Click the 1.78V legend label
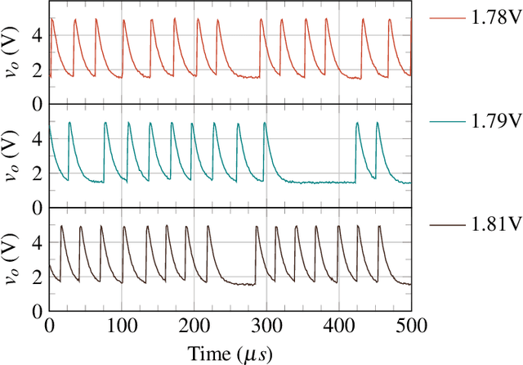497,17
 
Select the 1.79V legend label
497,120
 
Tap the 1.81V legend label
497,223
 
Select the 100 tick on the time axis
121,325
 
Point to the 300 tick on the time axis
266,325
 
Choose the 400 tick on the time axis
338,325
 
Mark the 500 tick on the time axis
410,325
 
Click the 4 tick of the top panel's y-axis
36,34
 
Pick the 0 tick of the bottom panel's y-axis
36,312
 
